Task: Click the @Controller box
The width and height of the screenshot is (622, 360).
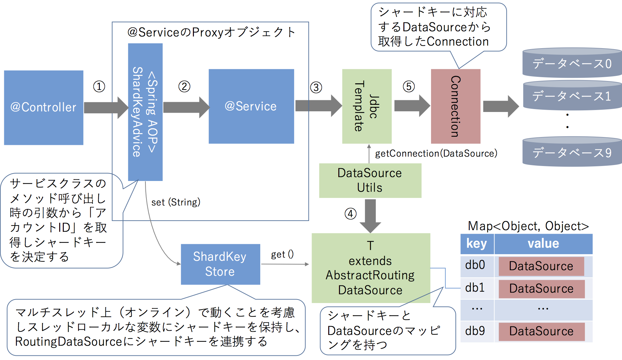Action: pyautogui.click(x=43, y=107)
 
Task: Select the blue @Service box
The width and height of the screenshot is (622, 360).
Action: pyautogui.click(x=251, y=106)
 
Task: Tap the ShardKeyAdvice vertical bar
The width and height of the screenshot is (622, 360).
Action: pyautogui.click(x=145, y=112)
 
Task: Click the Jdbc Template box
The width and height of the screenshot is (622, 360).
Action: pyautogui.click(x=367, y=106)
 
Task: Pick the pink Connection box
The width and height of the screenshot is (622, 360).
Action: pyautogui.click(x=455, y=106)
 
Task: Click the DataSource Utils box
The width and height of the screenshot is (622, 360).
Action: pyautogui.click(x=370, y=180)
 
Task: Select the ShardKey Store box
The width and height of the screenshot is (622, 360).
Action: pyautogui.click(x=220, y=264)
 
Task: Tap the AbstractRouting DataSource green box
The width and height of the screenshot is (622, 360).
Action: pyautogui.click(x=371, y=268)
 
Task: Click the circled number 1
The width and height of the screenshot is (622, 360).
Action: pyautogui.click(x=99, y=87)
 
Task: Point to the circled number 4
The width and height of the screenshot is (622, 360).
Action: pyautogui.click(x=350, y=214)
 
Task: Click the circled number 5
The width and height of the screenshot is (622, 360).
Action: pyautogui.click(x=409, y=87)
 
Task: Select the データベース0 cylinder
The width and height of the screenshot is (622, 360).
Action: pyautogui.click(x=572, y=63)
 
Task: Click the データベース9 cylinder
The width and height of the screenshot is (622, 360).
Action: pyautogui.click(x=572, y=152)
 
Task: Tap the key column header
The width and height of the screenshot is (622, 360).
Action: pyautogui.click(x=477, y=243)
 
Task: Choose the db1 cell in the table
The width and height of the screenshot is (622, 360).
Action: pyautogui.click(x=475, y=288)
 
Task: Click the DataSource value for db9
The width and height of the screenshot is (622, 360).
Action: pyautogui.click(x=541, y=331)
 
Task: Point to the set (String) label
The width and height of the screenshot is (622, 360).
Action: pyautogui.click(x=176, y=202)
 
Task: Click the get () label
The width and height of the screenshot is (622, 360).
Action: pyautogui.click(x=282, y=254)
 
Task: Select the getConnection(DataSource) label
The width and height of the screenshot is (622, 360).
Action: pyautogui.click(x=436, y=153)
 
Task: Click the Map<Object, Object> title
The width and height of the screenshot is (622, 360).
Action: pyautogui.click(x=528, y=226)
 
